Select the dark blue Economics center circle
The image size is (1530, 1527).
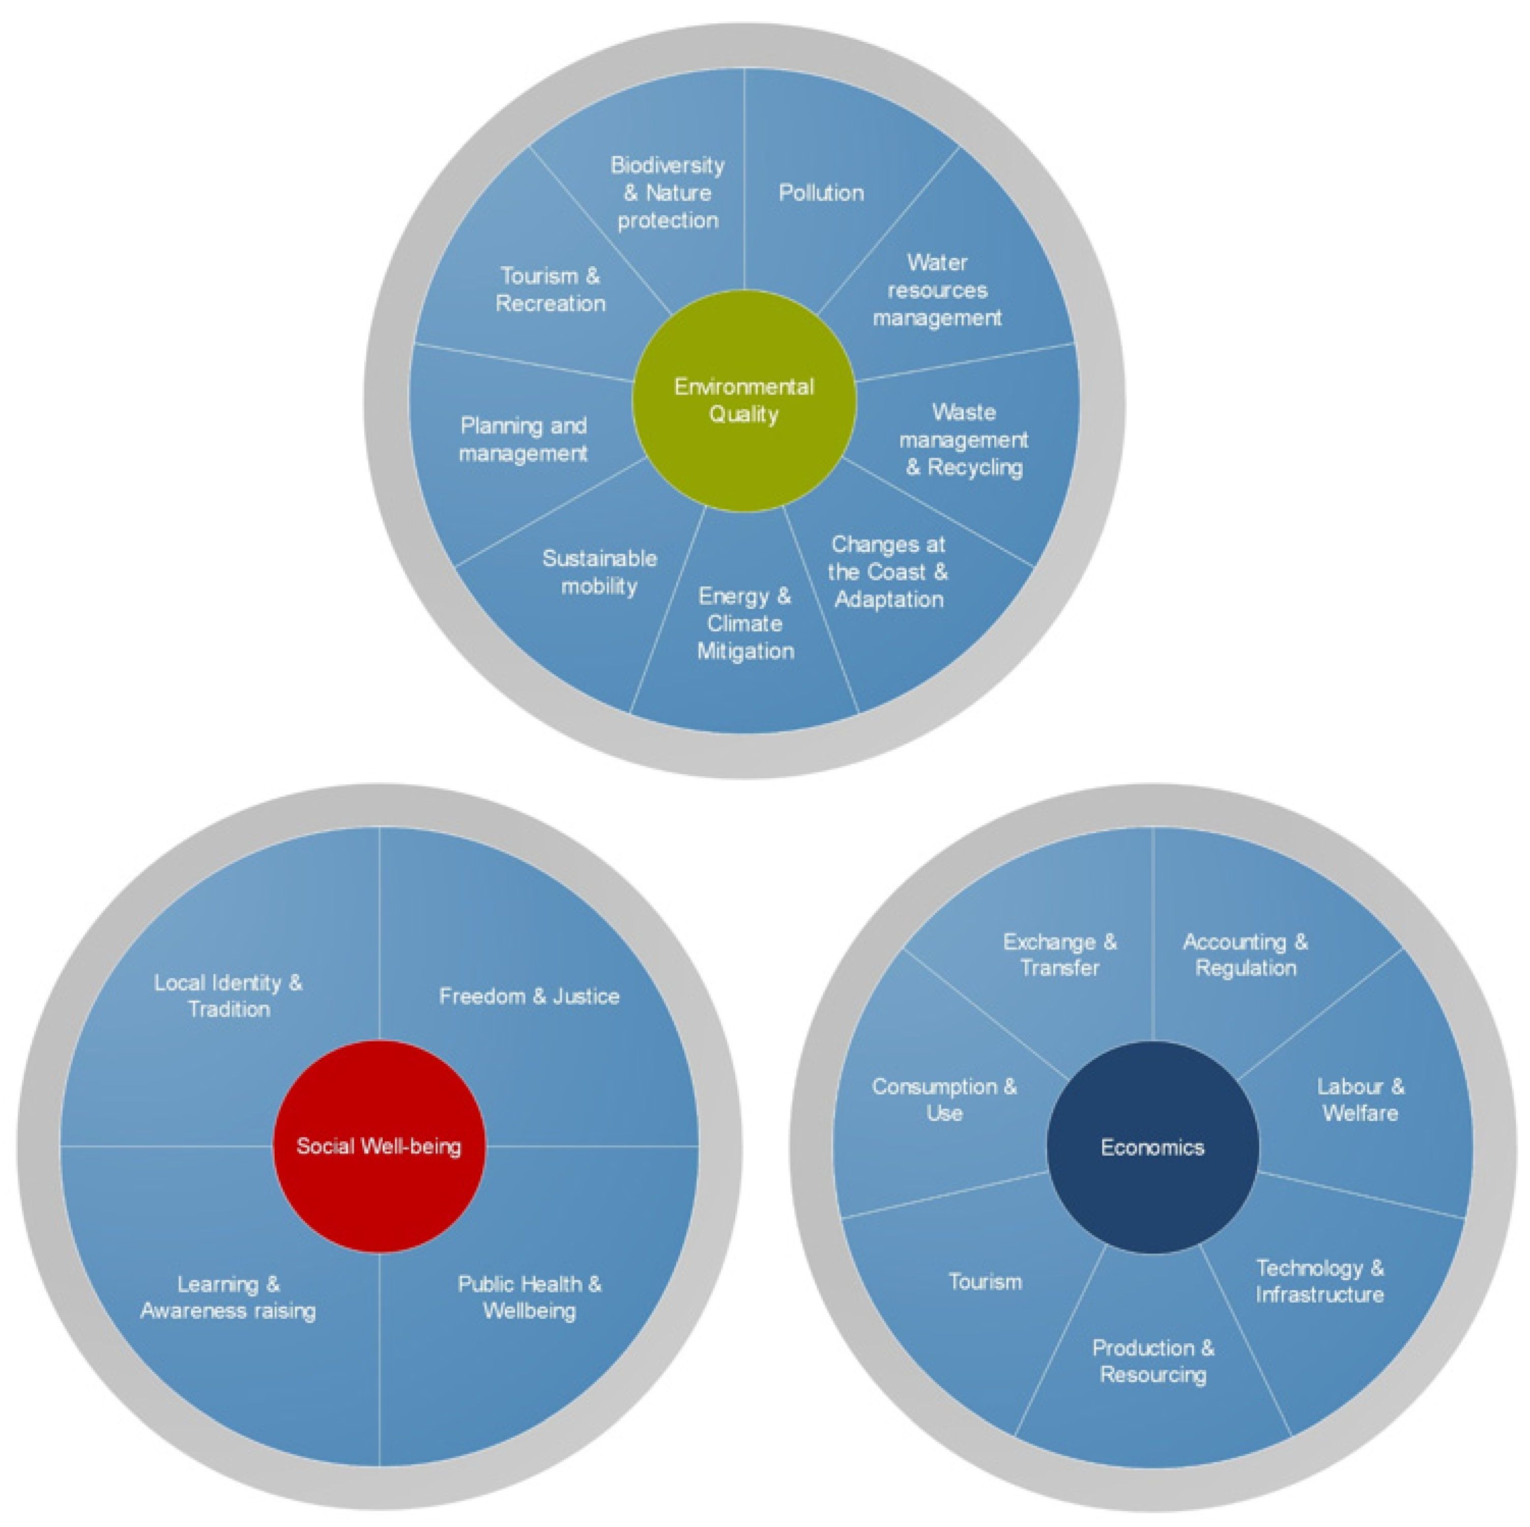pyautogui.click(x=1152, y=1147)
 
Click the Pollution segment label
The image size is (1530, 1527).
pyautogui.click(x=821, y=192)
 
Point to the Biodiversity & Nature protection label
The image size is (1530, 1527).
pyautogui.click(x=668, y=192)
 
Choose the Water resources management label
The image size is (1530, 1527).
pyautogui.click(x=937, y=290)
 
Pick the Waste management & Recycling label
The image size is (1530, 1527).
pyautogui.click(x=964, y=440)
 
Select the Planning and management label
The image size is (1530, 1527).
pyautogui.click(x=524, y=440)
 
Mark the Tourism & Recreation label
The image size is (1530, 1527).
pyautogui.click(x=551, y=290)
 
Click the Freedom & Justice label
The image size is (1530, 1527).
pyautogui.click(x=529, y=996)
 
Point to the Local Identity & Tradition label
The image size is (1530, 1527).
pyautogui.click(x=228, y=996)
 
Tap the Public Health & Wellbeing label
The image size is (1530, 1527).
pyautogui.click(x=529, y=1297)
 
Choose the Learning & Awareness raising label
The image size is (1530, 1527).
pyautogui.click(x=228, y=1297)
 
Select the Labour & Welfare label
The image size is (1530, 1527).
pyautogui.click(x=1360, y=1100)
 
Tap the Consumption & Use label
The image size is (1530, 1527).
pyautogui.click(x=944, y=1100)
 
